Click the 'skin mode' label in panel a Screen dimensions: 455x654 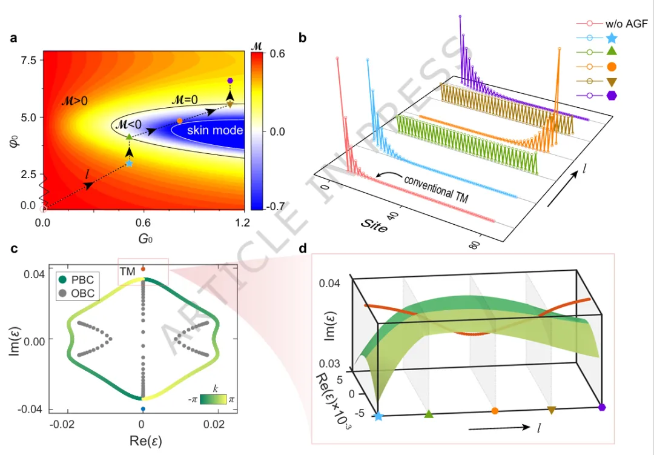pos(214,131)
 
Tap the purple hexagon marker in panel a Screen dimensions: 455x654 pos(230,81)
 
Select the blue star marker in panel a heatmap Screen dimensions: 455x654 pos(129,164)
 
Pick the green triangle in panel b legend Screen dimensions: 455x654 pos(612,53)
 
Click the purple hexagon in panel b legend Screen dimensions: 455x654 pos(612,95)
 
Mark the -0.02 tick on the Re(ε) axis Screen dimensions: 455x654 pos(64,423)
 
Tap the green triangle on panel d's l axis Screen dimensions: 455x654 pos(429,414)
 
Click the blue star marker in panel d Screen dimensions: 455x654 pos(378,417)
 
